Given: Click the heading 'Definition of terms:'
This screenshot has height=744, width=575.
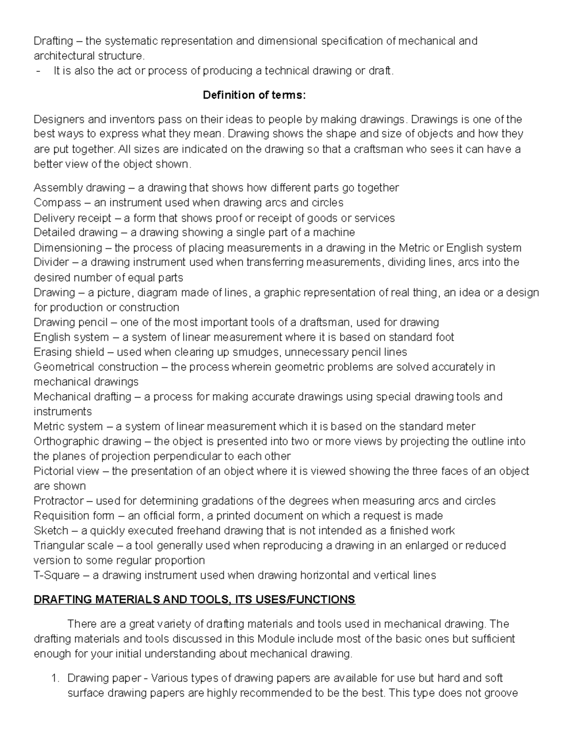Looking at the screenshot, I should click(x=254, y=95).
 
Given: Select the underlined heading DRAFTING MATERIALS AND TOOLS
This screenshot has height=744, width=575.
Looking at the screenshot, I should click(x=194, y=599).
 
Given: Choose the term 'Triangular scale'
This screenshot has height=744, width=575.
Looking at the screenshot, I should click(x=73, y=546).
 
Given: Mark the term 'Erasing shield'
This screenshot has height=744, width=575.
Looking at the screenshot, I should click(x=69, y=352).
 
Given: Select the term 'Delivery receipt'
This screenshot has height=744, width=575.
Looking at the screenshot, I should click(x=72, y=218).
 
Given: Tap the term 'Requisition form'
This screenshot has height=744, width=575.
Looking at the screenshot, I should click(x=74, y=516).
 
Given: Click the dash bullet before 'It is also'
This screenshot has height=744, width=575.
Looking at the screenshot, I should click(x=38, y=71).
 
